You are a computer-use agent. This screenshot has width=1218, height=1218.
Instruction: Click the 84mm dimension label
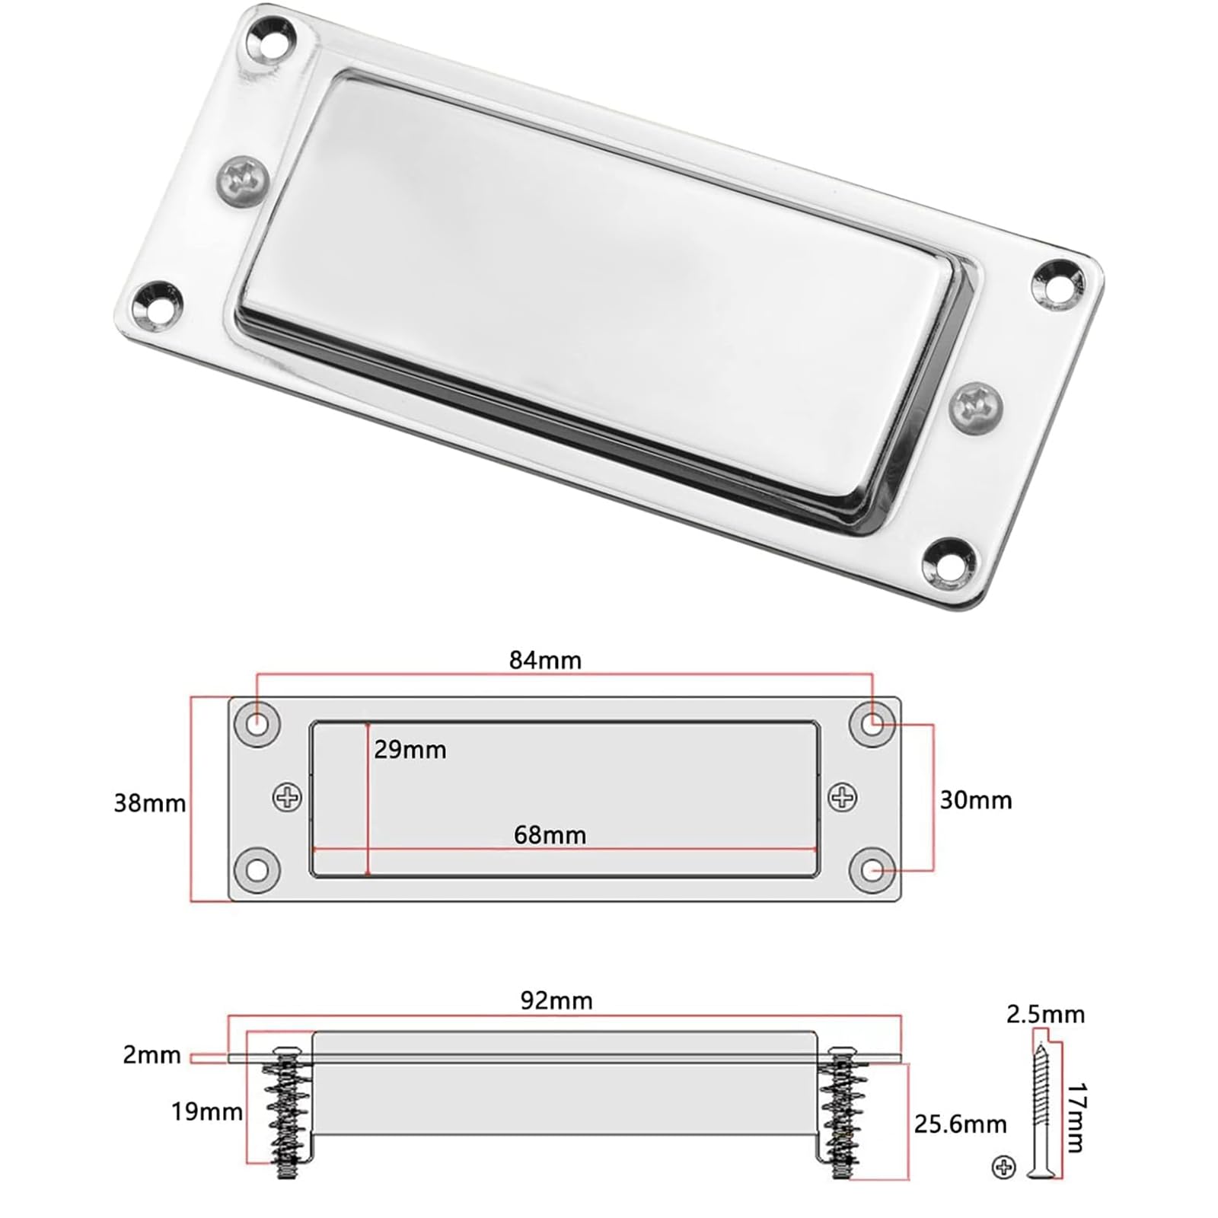pos(544,660)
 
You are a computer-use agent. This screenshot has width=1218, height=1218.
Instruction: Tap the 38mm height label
pos(149,803)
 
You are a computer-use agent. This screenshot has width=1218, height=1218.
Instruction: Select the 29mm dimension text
pos(410,750)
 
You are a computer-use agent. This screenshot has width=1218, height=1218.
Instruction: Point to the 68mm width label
pos(550,835)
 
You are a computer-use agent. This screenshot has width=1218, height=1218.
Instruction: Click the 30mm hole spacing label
pos(975,800)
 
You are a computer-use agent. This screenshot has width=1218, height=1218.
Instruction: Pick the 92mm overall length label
pos(556,1000)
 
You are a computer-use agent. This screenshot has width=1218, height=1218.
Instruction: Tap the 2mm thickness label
pos(151,1055)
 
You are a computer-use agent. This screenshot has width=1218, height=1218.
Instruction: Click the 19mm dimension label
pos(206,1111)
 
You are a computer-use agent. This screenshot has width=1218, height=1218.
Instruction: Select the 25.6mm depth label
pos(960,1124)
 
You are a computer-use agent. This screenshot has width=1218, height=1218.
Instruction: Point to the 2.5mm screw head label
pos(1045,1014)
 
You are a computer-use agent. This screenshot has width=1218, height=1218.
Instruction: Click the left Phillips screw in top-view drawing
pos(287,797)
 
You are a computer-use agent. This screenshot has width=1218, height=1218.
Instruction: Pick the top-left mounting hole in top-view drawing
pos(258,722)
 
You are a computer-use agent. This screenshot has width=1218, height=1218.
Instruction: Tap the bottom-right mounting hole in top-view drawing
pos(872,869)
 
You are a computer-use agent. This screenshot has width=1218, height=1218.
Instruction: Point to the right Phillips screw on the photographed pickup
pos(977,408)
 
